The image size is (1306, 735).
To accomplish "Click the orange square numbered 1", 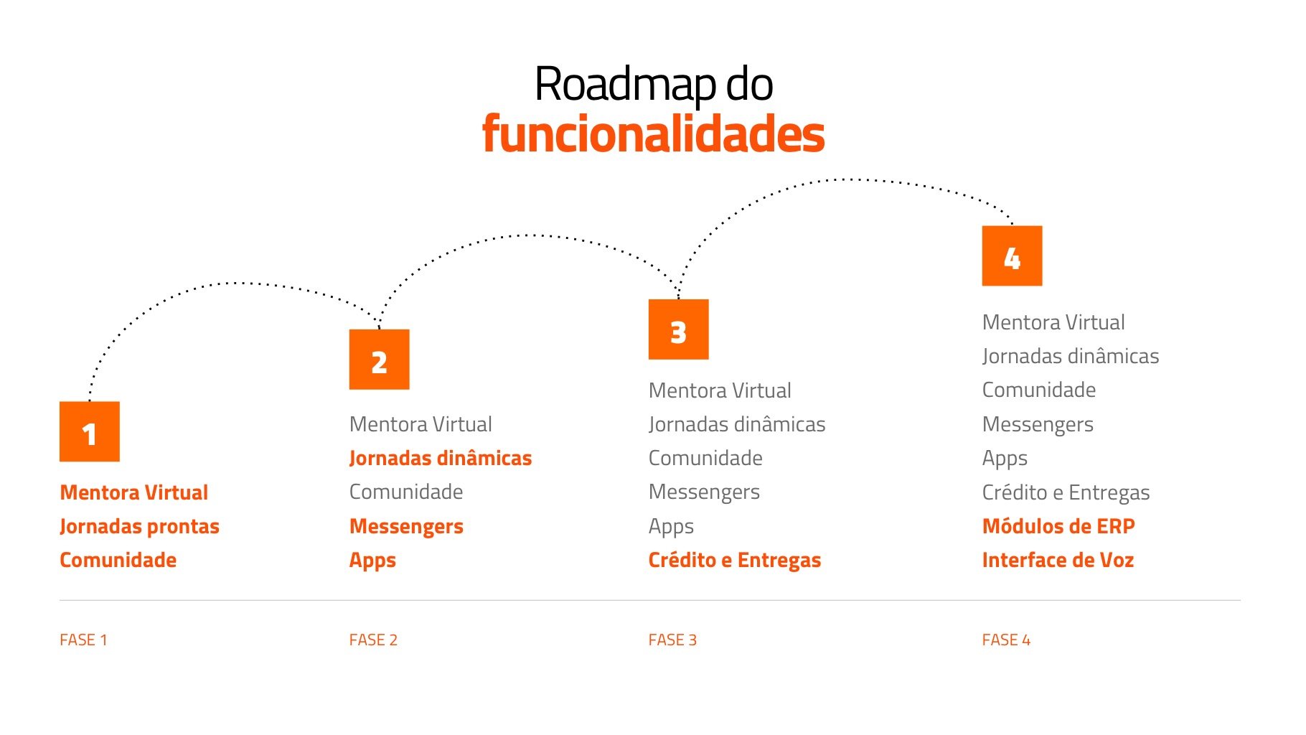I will tap(90, 431).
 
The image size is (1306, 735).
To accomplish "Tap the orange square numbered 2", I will tap(379, 360).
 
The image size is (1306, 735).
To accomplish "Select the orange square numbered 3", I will tap(678, 329).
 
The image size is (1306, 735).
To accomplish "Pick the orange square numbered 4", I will tap(1012, 256).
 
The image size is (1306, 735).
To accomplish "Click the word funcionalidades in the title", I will tap(653, 134).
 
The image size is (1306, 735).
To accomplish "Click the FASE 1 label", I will tap(83, 640).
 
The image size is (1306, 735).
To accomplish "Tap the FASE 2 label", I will tap(373, 640).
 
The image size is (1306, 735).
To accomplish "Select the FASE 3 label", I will tap(672, 640).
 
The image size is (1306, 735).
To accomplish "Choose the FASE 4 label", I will tap(1006, 640).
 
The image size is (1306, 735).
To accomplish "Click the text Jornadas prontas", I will tap(139, 526).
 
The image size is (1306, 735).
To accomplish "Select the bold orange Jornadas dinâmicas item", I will tap(441, 458).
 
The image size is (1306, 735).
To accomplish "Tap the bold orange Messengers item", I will tap(406, 526).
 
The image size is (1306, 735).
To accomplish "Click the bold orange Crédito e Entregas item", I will tap(734, 560).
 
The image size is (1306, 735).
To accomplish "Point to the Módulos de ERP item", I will tap(1058, 526).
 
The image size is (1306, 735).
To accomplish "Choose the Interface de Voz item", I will tap(1058, 560).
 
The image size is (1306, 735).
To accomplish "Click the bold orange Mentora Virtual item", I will tap(134, 492).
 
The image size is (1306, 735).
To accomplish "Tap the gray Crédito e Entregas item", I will tap(1066, 492).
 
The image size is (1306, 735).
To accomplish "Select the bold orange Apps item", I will tap(372, 560).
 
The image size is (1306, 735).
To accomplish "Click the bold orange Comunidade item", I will tap(118, 560).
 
